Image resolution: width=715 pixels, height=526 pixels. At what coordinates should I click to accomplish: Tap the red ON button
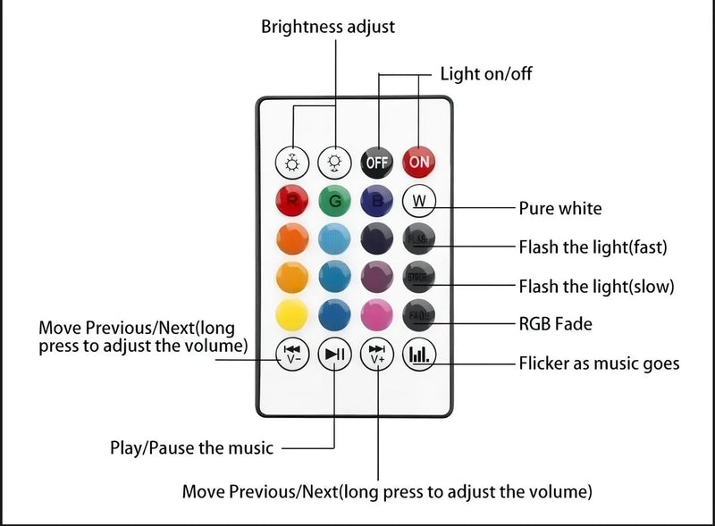[419, 163]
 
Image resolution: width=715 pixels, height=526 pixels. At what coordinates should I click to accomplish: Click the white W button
[418, 200]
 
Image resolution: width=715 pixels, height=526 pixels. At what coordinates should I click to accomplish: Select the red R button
[291, 200]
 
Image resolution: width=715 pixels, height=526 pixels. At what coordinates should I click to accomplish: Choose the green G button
[334, 200]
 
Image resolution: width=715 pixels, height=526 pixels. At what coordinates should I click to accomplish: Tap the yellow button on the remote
[291, 315]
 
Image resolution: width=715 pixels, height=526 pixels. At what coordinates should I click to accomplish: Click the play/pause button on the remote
[334, 355]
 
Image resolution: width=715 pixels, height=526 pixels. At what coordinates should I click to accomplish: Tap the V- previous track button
[291, 355]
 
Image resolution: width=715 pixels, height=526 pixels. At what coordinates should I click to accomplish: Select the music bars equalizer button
[418, 355]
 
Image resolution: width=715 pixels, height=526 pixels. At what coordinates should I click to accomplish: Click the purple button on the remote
[376, 277]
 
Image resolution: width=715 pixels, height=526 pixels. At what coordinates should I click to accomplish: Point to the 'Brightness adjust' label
[327, 27]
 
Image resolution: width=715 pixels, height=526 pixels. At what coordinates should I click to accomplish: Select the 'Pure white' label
[560, 209]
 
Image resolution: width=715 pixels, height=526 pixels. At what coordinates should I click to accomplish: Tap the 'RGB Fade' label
[556, 324]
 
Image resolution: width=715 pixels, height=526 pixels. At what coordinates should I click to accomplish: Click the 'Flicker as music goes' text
[599, 363]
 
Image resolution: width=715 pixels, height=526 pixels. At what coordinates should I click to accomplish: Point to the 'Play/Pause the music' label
[191, 447]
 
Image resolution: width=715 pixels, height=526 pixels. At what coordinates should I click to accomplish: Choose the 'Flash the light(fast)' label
[593, 246]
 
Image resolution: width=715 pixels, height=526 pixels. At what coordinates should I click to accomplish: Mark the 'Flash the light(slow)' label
[596, 287]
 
